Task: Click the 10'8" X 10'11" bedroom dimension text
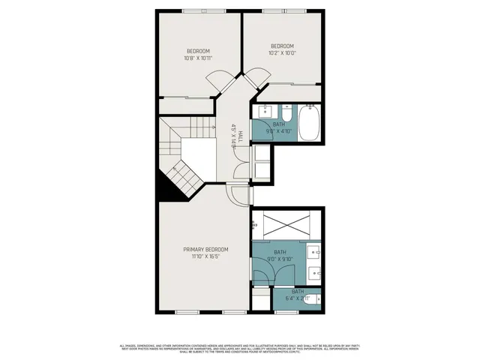click(198, 58)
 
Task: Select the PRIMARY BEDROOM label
click(206, 249)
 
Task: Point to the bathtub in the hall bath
click(309, 123)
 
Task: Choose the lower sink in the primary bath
click(315, 271)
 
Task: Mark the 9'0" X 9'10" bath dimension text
click(280, 259)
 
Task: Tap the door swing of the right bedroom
click(257, 77)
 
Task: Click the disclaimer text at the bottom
click(240, 347)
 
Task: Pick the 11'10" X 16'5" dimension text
click(206, 256)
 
